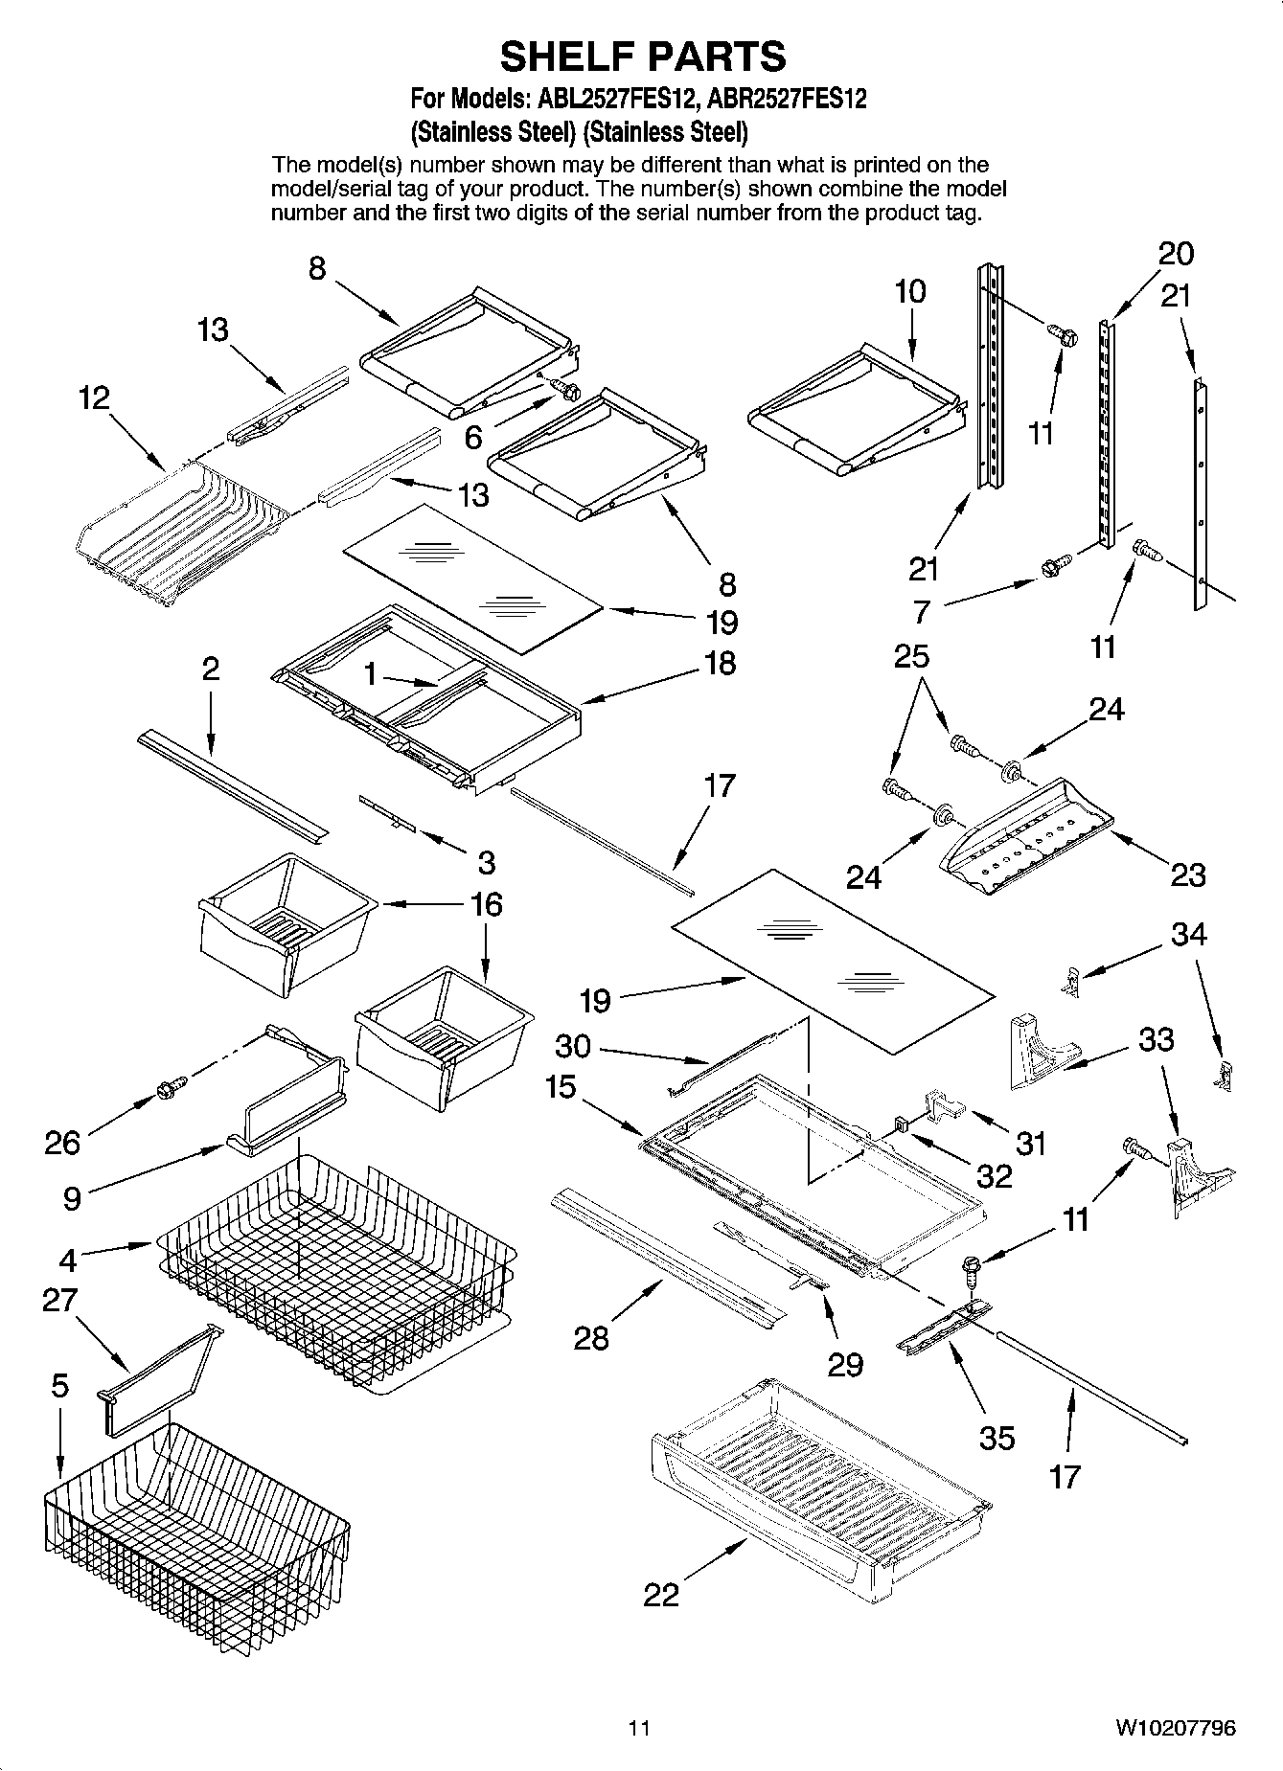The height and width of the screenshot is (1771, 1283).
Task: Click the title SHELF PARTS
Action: point(642,57)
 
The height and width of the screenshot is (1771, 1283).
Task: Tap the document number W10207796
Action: point(1174,1728)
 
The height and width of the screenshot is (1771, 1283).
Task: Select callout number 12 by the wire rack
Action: point(93,398)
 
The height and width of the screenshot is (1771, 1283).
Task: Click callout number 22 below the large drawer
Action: point(661,1594)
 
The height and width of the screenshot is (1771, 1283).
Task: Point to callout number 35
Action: point(997,1437)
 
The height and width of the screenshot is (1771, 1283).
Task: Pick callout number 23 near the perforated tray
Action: point(1188,874)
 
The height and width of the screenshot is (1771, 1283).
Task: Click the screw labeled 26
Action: point(169,1087)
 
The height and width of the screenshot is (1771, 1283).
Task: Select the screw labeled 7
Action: point(1050,567)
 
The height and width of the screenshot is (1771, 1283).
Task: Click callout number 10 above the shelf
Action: point(910,291)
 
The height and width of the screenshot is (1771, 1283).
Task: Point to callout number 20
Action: point(1176,254)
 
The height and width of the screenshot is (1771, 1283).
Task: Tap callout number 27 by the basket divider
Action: point(59,1300)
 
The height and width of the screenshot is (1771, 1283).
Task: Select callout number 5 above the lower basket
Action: point(59,1386)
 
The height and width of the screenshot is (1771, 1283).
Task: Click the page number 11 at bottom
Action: point(639,1728)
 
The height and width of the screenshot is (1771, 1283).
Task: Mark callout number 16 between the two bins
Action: point(486,904)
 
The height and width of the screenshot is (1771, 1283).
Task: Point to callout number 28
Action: point(591,1338)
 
